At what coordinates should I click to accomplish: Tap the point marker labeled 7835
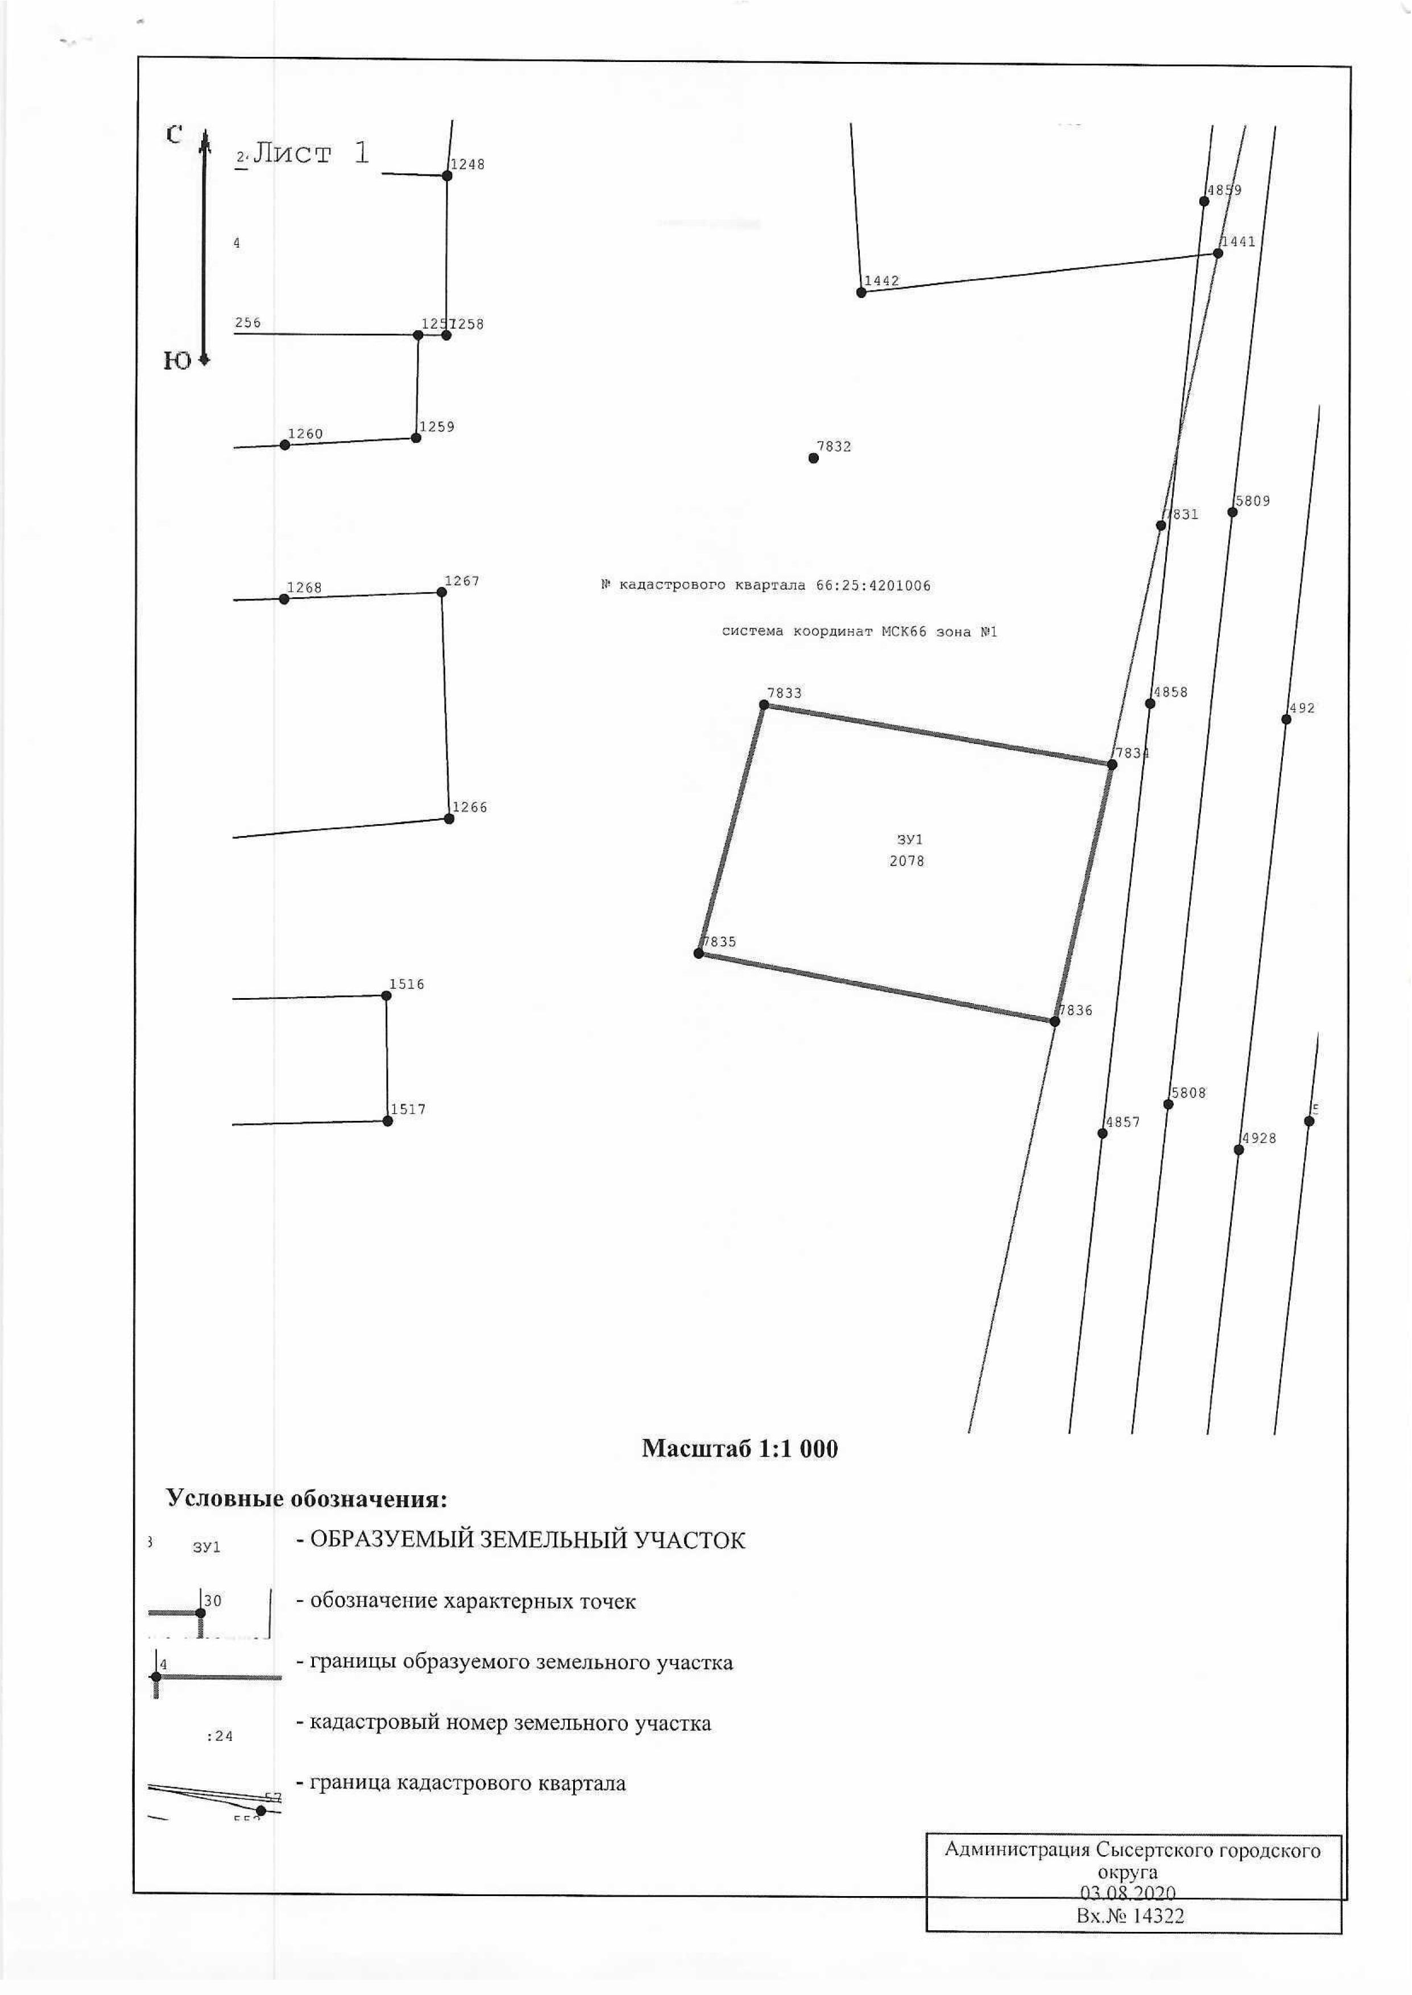[698, 954]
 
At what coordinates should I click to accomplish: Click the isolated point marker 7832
[814, 458]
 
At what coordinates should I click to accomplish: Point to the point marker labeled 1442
[861, 292]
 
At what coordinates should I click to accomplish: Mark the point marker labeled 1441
[1218, 253]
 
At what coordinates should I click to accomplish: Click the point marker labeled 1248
[447, 176]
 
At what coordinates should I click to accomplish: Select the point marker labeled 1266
[449, 818]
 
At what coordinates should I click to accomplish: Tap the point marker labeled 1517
[388, 1120]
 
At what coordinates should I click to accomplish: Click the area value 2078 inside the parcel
[907, 860]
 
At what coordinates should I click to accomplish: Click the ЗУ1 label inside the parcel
[909, 840]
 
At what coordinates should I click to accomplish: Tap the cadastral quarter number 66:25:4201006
[873, 585]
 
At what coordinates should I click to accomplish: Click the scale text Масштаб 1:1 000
[740, 1448]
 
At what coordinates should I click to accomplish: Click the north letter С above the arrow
[174, 135]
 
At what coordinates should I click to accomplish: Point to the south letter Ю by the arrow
[177, 361]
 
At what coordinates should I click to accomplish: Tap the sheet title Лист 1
[311, 153]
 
